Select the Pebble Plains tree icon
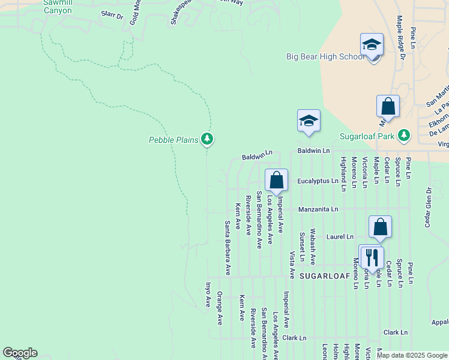coord(207,139)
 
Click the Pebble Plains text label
coord(173,140)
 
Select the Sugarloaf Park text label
coord(367,136)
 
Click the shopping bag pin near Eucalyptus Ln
coord(276,180)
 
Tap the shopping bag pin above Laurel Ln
coord(380,227)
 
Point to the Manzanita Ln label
coord(318,209)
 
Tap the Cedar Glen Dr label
coord(428,206)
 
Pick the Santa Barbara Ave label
coord(228,248)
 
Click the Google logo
coord(20,353)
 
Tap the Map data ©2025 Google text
coord(411,355)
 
